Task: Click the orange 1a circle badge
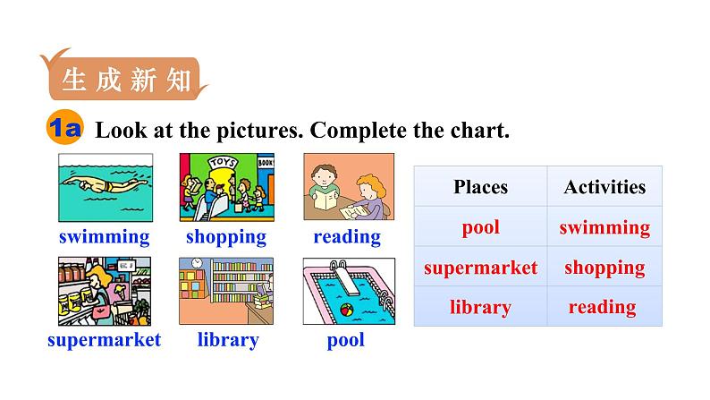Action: click(x=64, y=127)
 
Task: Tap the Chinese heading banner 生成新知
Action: click(x=124, y=79)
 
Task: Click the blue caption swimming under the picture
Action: click(x=104, y=237)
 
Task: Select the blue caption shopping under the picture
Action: click(x=226, y=237)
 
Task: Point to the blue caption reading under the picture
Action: click(x=347, y=237)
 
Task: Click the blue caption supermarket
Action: click(x=104, y=340)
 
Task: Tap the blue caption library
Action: click(x=228, y=340)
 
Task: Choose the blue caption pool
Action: click(x=346, y=340)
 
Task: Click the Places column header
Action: click(x=481, y=187)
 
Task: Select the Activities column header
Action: click(x=605, y=187)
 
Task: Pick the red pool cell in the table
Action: click(x=481, y=227)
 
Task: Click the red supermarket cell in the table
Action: click(x=481, y=268)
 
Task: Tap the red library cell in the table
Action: click(x=480, y=307)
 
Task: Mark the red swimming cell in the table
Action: click(x=605, y=227)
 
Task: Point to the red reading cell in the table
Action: click(x=603, y=307)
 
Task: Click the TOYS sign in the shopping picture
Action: click(x=223, y=162)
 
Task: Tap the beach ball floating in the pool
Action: click(x=347, y=311)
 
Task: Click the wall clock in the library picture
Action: click(x=197, y=263)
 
